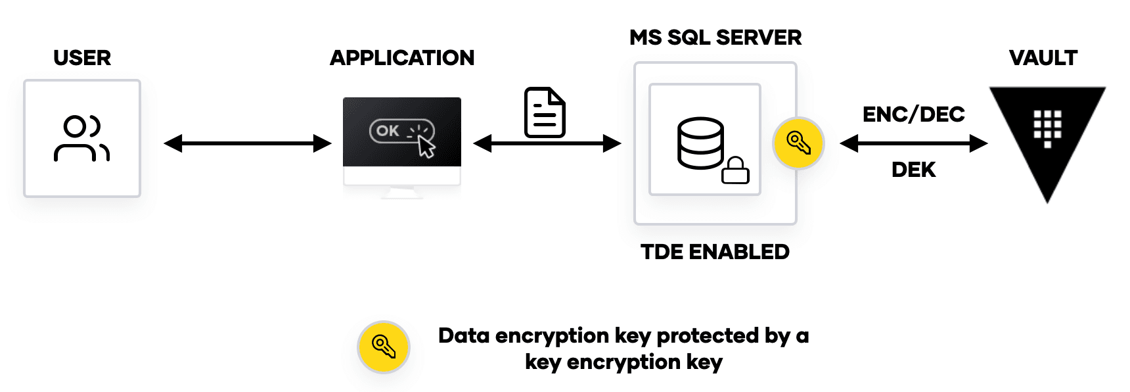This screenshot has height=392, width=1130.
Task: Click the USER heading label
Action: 82,58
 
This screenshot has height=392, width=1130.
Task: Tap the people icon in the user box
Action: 81,139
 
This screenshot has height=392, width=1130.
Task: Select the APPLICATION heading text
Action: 402,58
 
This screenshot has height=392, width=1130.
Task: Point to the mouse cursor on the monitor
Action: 426,147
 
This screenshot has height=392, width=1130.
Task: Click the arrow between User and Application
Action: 248,143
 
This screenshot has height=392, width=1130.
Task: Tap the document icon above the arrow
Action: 545,112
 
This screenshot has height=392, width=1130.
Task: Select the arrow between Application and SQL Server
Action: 547,143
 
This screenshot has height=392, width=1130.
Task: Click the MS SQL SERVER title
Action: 715,37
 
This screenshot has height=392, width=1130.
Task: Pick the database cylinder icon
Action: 700,143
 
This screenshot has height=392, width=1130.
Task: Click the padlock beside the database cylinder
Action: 735,170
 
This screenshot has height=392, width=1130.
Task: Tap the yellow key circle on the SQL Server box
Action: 798,143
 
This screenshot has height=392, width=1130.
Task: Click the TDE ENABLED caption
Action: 715,252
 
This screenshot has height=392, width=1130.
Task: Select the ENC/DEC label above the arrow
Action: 913,114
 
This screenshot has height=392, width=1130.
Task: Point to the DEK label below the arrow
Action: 913,170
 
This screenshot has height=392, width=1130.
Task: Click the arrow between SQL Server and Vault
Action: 913,143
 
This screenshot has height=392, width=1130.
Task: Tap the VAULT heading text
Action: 1043,58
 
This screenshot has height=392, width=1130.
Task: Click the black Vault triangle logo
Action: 1047,135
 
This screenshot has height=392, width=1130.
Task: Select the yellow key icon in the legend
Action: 384,347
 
